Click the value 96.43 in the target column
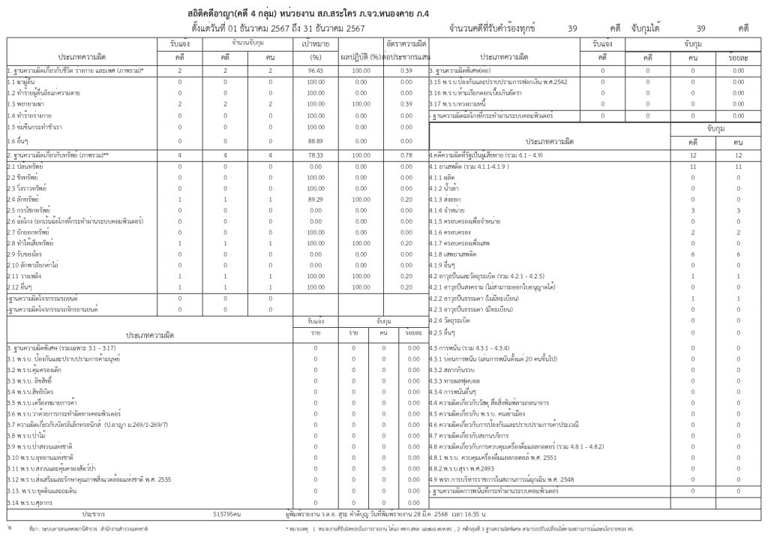click(x=316, y=70)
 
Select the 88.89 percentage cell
click(x=316, y=140)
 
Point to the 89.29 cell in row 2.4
click(x=316, y=200)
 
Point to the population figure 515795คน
click(x=226, y=514)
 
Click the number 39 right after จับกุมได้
click(x=701, y=29)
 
